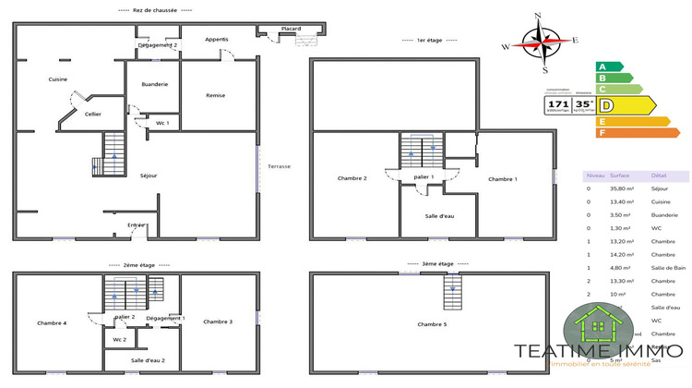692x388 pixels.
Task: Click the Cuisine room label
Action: [58, 79]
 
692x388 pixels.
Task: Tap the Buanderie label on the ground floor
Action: [155, 84]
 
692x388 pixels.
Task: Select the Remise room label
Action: [216, 95]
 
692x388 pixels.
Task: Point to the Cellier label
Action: [92, 114]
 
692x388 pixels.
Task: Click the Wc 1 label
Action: [162, 123]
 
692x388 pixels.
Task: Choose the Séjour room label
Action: [149, 175]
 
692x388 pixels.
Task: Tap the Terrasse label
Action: [279, 166]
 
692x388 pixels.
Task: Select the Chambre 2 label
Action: [352, 178]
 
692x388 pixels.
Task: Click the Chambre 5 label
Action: [432, 324]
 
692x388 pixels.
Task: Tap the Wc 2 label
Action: [120, 340]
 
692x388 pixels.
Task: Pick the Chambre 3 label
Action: [217, 321]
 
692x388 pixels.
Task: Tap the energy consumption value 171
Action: [556, 104]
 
